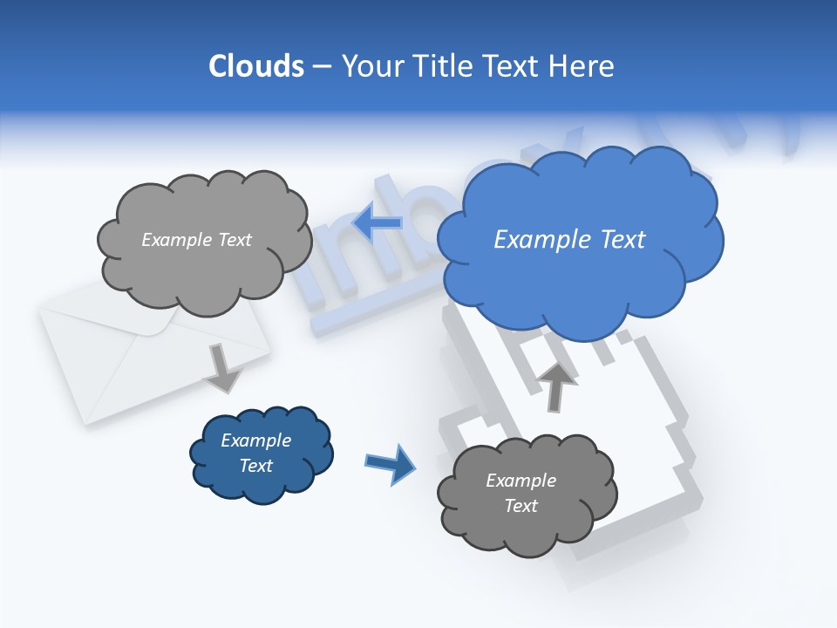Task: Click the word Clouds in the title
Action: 255,66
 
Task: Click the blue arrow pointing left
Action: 378,222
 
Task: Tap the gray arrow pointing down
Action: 223,368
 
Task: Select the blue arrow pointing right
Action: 391,463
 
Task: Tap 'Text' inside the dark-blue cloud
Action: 256,466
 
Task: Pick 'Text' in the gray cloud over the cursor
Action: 521,506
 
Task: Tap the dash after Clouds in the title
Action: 321,66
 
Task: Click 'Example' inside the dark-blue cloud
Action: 256,440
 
